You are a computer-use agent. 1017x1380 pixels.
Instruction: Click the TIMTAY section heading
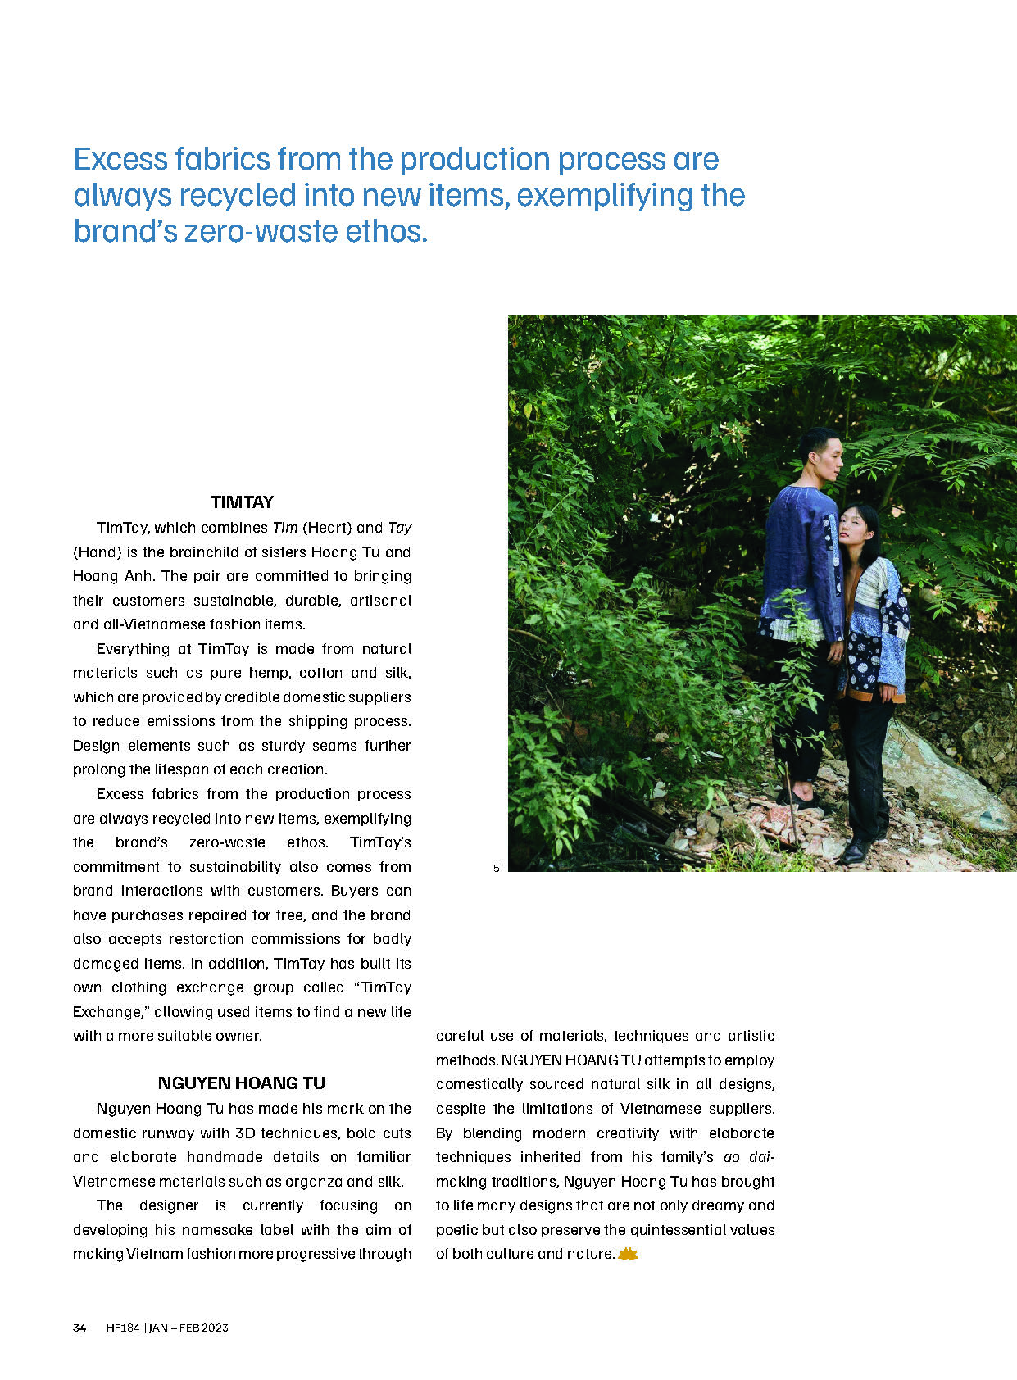[x=242, y=502]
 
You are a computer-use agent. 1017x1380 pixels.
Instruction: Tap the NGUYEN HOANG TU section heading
[x=242, y=1083]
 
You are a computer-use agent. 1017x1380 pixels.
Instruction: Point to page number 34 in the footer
[x=79, y=1328]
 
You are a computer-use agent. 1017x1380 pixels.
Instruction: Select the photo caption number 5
[x=496, y=868]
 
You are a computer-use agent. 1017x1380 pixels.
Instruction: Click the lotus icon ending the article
[x=627, y=1254]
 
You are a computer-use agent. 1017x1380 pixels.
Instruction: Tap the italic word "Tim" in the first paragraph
[x=285, y=528]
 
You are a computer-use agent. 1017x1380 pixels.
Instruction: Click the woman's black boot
[x=856, y=850]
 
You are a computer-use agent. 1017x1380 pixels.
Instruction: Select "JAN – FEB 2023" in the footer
[x=188, y=1328]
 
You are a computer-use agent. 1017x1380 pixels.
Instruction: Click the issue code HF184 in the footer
[x=123, y=1328]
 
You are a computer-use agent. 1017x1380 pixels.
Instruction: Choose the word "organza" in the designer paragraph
[x=316, y=1182]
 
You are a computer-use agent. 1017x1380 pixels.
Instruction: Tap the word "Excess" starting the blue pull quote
[x=120, y=159]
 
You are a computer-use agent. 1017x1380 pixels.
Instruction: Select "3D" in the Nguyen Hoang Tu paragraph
[x=245, y=1133]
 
